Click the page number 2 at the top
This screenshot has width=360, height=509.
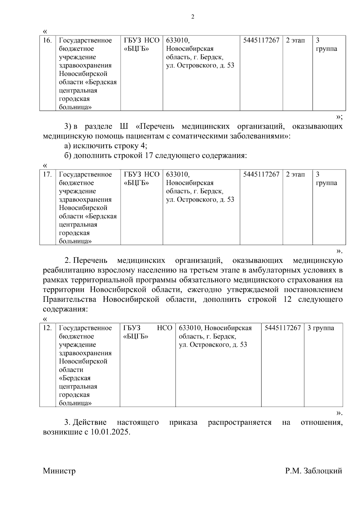click(193, 17)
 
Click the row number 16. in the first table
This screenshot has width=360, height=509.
click(47, 40)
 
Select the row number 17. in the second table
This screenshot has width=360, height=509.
click(47, 174)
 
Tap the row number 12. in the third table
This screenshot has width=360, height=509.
click(47, 328)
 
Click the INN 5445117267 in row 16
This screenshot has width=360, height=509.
click(261, 40)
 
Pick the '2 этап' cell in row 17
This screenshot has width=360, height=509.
click(295, 174)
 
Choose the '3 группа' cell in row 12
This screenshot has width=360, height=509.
click(320, 328)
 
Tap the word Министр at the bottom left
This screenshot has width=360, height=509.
click(59, 471)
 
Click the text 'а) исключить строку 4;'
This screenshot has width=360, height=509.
click(106, 146)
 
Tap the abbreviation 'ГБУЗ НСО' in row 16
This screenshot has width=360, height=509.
click(142, 40)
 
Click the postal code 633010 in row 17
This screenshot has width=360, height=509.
click(177, 174)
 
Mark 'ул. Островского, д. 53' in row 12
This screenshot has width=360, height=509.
click(213, 345)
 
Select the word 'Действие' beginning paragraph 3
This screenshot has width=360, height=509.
click(90, 422)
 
